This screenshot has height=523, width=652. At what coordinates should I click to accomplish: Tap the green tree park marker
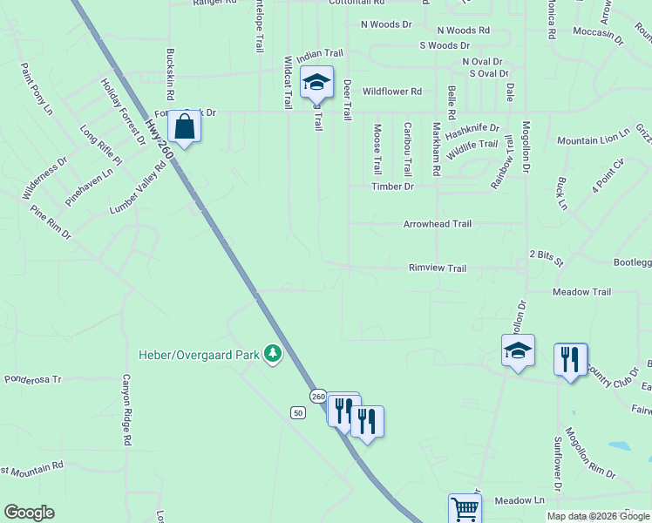[274, 353]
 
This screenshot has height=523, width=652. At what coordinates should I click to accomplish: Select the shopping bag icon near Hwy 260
[185, 126]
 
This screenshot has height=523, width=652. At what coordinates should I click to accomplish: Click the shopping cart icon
[465, 509]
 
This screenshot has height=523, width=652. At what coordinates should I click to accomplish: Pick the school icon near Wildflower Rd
[316, 83]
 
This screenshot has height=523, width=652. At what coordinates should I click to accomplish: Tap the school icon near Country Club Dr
[518, 351]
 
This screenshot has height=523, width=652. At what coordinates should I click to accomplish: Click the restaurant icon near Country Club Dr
[570, 359]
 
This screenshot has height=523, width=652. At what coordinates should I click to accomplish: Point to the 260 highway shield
[317, 397]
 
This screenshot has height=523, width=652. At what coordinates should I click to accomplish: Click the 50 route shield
[298, 412]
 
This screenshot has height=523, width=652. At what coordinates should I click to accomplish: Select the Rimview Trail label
[438, 268]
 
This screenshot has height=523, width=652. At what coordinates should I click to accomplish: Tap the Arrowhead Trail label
[437, 224]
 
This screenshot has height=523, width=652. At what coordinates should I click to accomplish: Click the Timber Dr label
[392, 187]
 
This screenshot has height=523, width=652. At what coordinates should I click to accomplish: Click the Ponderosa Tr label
[34, 379]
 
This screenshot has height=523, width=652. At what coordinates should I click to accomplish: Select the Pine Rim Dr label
[50, 223]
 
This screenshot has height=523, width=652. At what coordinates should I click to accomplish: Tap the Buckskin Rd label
[171, 72]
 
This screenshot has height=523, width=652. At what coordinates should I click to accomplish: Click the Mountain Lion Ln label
[593, 139]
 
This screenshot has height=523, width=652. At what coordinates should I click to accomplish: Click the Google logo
[29, 513]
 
